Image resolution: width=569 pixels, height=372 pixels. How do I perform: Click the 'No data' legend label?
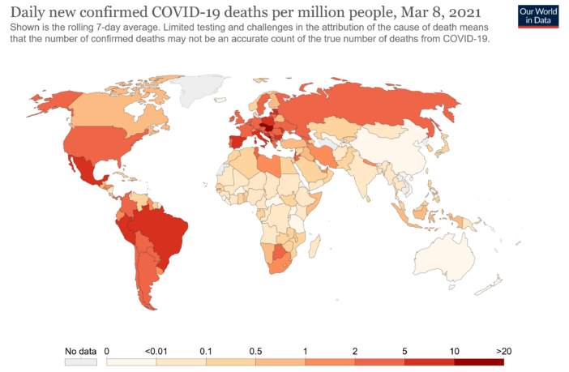pos(80,351)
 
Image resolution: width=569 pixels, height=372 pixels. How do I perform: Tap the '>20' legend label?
pos(504,351)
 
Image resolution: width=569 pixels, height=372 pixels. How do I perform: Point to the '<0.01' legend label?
pos(156,351)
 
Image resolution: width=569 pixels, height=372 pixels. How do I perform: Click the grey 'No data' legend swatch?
pos(81,362)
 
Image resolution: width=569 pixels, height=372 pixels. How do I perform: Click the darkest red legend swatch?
pos(479,362)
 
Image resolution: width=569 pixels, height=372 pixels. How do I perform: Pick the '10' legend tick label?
pos(455,351)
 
